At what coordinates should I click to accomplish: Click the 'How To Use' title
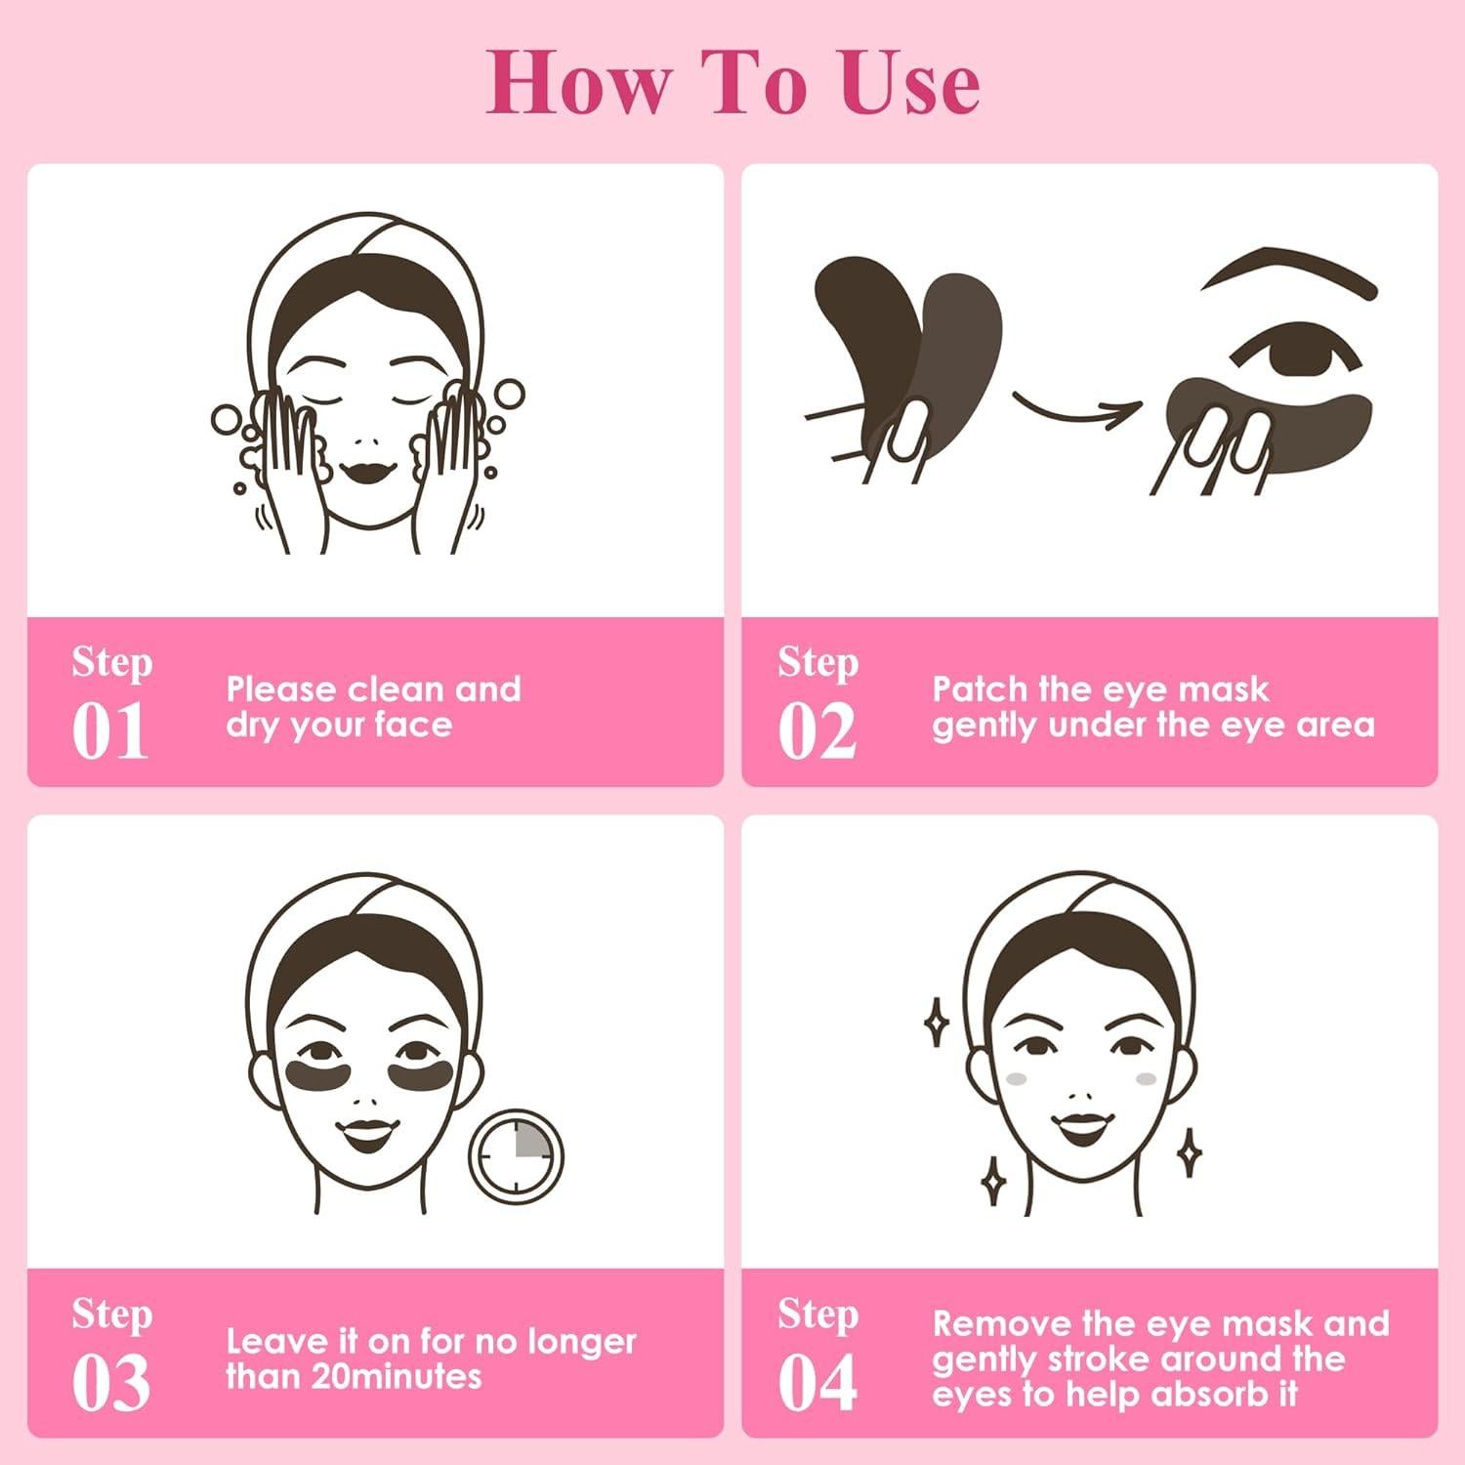(732, 84)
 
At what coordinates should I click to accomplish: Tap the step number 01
(110, 732)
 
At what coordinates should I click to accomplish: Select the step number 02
(816, 732)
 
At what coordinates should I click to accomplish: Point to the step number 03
(110, 1383)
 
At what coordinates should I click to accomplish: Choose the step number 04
(816, 1383)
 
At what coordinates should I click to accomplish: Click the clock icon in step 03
(516, 1154)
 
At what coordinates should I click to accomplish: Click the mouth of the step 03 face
(366, 1133)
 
